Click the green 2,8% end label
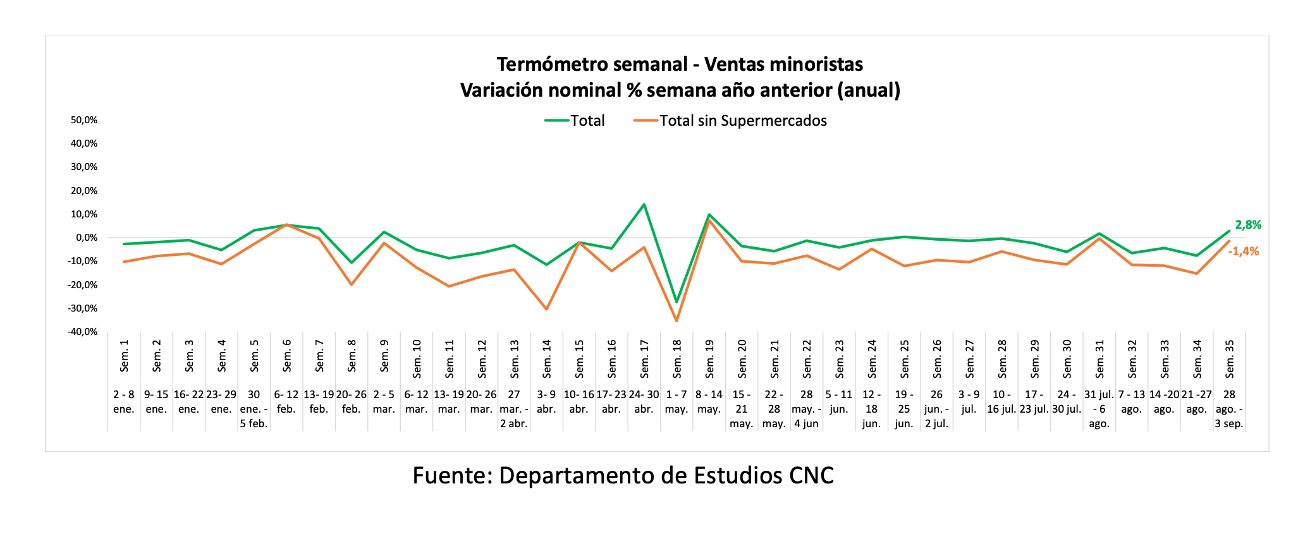[x=1248, y=225]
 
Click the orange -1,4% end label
[x=1244, y=252]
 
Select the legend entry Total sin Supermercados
[x=743, y=121]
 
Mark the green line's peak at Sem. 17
[x=644, y=204]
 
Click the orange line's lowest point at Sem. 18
[x=676, y=321]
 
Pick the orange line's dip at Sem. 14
[x=546, y=310]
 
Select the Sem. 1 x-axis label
[x=125, y=356]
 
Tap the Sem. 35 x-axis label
[x=1230, y=356]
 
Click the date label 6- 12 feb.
[x=286, y=402]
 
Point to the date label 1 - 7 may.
[x=676, y=402]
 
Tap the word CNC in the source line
[x=811, y=475]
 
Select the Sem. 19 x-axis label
[x=709, y=356]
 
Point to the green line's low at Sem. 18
[x=676, y=302]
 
